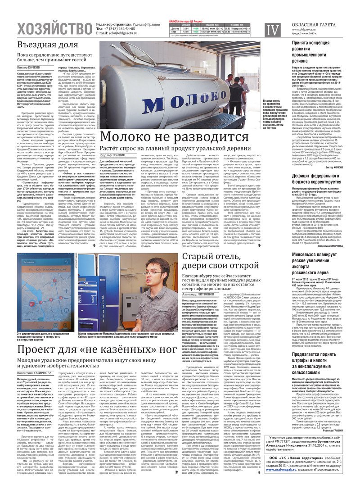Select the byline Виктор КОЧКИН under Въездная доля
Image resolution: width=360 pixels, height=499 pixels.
[x=28, y=67]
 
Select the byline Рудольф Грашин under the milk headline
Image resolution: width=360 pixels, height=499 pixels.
[x=112, y=156]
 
